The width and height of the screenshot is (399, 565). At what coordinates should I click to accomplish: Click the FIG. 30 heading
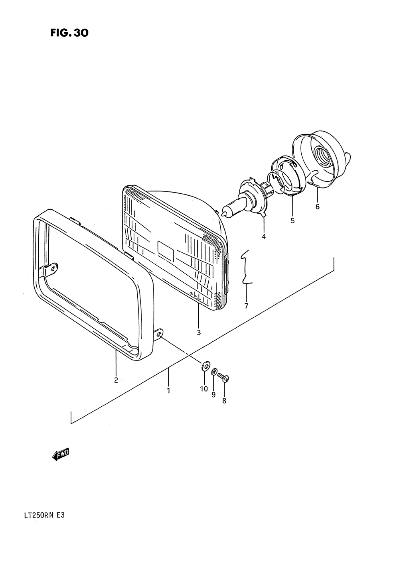tap(69, 33)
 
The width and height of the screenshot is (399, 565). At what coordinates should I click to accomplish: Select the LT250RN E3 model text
tap(41, 515)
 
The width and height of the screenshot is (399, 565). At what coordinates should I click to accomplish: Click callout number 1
tap(168, 390)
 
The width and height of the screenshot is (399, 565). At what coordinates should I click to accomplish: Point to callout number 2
tap(116, 380)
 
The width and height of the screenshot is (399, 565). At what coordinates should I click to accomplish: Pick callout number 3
tap(199, 332)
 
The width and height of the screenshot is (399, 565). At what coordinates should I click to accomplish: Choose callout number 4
tap(264, 236)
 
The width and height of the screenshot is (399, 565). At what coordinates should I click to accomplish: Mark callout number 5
tap(292, 220)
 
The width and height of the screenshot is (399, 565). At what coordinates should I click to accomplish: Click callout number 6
tap(318, 207)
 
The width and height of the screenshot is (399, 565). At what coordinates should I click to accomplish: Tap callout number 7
tap(246, 306)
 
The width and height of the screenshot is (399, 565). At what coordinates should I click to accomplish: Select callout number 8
tap(224, 401)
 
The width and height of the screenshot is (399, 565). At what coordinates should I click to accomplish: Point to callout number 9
tap(213, 394)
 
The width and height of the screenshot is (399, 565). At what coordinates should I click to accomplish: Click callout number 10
tap(203, 389)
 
